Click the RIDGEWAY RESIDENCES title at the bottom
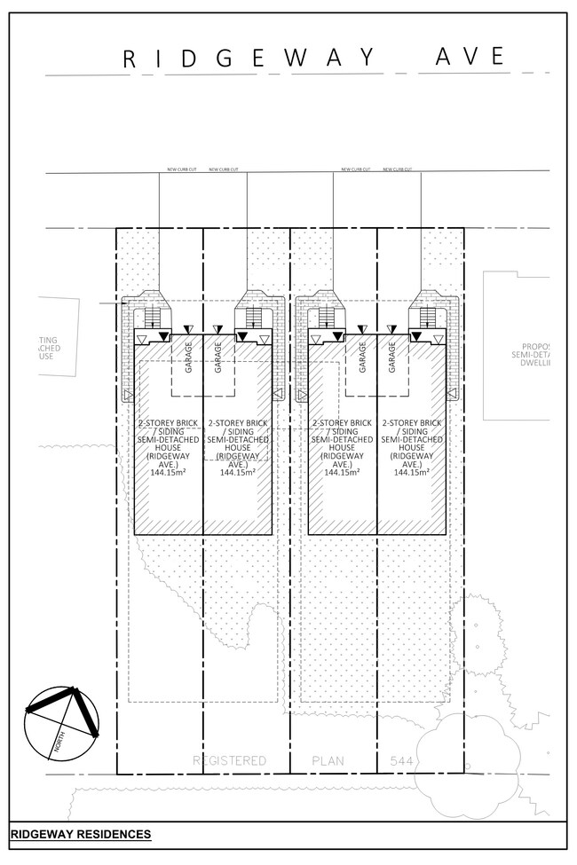81,835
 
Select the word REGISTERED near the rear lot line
230,760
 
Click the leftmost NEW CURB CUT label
183,169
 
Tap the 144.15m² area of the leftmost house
169,473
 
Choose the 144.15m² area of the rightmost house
411,473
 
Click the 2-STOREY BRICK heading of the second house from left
237,423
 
